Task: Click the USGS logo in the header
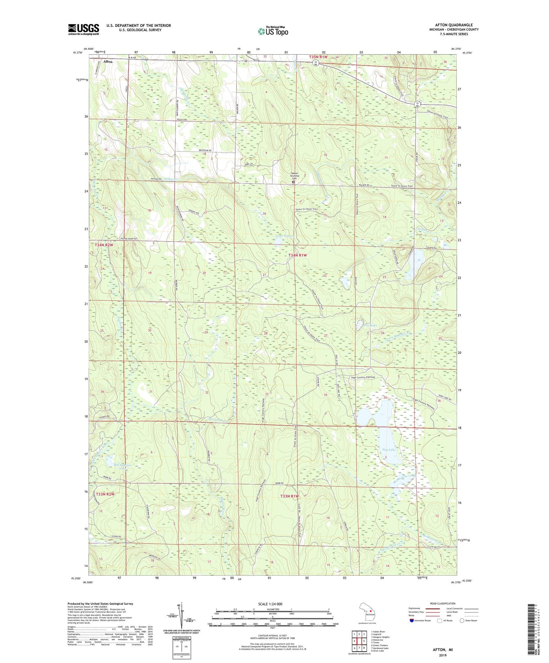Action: coord(84,29)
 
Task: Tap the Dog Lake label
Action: coord(389,450)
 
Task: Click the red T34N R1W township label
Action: coord(297,256)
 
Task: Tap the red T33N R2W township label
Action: coord(105,494)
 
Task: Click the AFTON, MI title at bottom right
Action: coord(443,650)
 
